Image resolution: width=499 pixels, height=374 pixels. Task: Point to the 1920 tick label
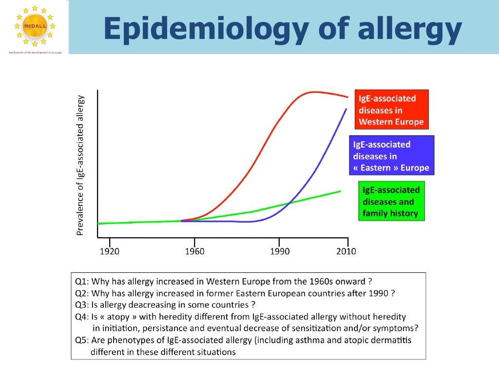click(x=109, y=251)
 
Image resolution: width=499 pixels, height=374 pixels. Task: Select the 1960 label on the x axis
click(x=194, y=251)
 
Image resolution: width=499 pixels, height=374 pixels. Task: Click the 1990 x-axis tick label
click(x=279, y=251)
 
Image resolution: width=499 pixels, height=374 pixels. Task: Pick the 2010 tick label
click(x=346, y=251)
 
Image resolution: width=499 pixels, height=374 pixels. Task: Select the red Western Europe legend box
click(x=391, y=110)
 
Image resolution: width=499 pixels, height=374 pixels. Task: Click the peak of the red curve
click(x=313, y=92)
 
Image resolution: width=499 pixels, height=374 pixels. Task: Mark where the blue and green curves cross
click(x=289, y=203)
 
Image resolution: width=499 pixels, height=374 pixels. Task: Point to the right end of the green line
click(x=340, y=191)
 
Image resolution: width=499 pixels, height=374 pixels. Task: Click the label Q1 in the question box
click(x=81, y=281)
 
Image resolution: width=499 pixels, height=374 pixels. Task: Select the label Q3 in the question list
click(x=81, y=305)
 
